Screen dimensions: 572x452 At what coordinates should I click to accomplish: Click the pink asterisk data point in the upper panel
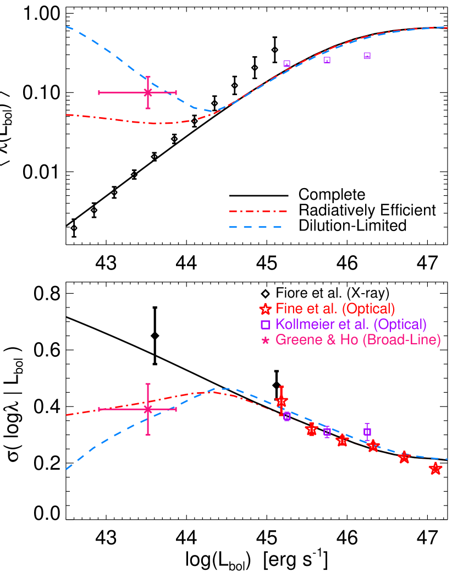tap(147, 92)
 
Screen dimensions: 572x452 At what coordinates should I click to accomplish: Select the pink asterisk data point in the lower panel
tap(147, 409)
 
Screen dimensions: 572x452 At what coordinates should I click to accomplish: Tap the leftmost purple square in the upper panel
tap(286, 64)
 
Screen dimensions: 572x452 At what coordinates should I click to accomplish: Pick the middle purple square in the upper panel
tap(327, 60)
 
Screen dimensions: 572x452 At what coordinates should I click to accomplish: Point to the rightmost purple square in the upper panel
tap(367, 56)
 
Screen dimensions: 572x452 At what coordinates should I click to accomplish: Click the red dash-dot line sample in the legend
tap(258, 211)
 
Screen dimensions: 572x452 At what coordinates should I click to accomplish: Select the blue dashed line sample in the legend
tap(255, 227)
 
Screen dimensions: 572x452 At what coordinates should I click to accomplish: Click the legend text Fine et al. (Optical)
tap(335, 309)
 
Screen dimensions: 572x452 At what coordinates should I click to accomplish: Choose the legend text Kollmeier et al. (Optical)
tap(351, 324)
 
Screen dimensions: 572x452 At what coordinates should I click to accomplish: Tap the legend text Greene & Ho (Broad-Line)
tap(358, 340)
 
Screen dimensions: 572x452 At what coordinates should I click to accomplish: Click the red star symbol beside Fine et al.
tap(266, 309)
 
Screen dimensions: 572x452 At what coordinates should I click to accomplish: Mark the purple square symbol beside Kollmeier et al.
tap(266, 324)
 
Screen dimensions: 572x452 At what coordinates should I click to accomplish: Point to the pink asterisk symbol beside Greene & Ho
tap(266, 341)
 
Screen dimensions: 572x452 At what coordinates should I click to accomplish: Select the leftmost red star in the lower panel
tap(281, 401)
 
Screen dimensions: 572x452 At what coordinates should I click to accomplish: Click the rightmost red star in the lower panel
tap(436, 469)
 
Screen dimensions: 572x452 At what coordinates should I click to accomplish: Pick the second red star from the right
tap(404, 458)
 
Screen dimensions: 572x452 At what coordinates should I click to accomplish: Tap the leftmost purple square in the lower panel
tap(286, 416)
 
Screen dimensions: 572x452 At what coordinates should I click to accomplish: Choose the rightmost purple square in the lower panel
tap(367, 432)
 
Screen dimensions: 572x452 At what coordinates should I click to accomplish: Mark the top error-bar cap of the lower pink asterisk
tap(147, 384)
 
